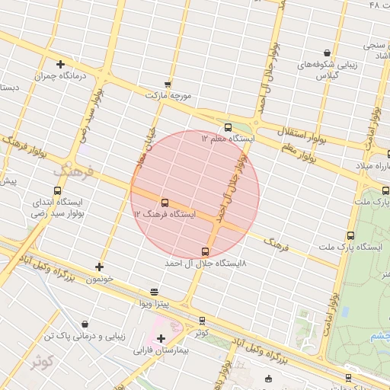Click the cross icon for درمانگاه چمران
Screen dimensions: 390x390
(59, 64)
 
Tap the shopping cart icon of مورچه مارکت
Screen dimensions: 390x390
(168, 84)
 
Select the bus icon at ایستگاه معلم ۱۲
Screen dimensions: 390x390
(228, 127)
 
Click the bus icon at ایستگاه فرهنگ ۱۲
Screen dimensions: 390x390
(165, 203)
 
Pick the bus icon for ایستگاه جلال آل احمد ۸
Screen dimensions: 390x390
(205, 251)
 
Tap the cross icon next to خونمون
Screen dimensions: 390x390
(99, 267)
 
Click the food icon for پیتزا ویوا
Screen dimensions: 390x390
(155, 292)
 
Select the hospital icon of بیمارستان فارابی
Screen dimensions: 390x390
(161, 339)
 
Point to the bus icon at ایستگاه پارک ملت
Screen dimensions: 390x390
(350, 235)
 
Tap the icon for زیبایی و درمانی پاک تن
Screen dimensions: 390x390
(84, 324)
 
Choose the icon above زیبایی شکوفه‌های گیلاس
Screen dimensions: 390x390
(327, 53)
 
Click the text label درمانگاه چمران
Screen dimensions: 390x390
(59, 76)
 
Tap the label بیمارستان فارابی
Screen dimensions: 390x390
(156, 352)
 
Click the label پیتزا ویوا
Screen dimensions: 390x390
(155, 304)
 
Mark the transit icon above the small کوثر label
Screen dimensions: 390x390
(201, 321)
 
